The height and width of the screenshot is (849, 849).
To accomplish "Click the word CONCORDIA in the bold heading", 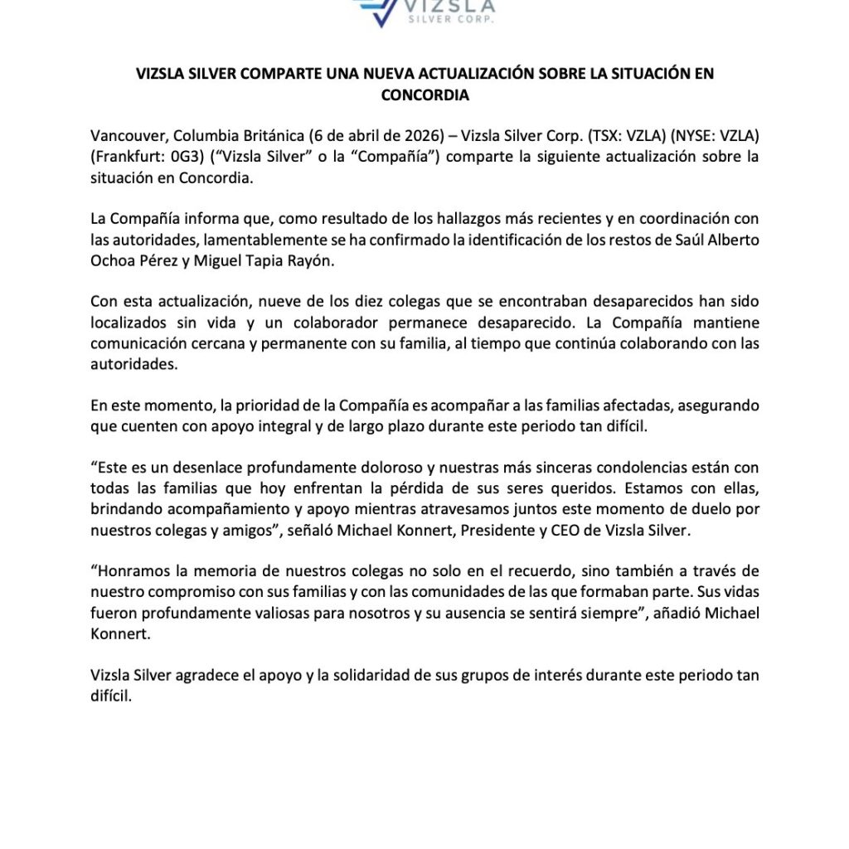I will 424,95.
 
